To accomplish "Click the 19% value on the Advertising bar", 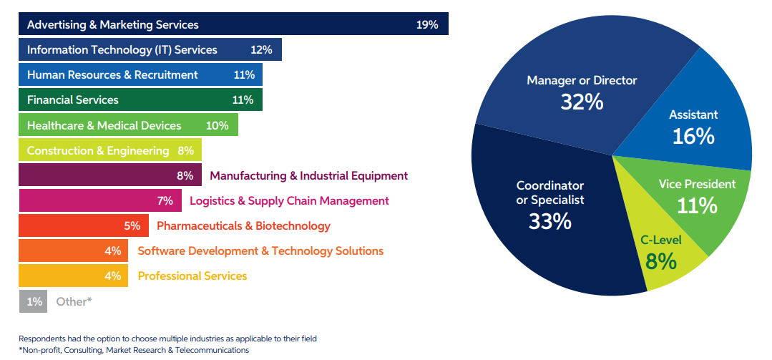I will click(x=426, y=24).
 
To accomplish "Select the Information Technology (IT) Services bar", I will click(x=150, y=49).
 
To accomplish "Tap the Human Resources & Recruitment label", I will click(x=112, y=74).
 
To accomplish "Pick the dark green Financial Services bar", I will click(x=140, y=99).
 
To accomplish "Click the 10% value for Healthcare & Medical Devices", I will click(x=217, y=125).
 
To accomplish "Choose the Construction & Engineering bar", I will click(x=110, y=150).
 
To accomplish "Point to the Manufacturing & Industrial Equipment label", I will click(x=308, y=175).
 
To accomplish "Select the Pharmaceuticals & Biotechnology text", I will click(x=243, y=225).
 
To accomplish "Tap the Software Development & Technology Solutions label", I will click(x=260, y=250).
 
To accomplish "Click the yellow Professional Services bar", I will click(x=73, y=276).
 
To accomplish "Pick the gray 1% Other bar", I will click(x=34, y=301).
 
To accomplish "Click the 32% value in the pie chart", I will click(x=582, y=102).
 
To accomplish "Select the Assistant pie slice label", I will click(x=693, y=115).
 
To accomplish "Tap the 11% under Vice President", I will click(x=697, y=206).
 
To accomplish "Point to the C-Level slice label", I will click(x=660, y=240).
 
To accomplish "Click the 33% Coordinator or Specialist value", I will click(x=549, y=221).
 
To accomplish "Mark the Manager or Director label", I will click(x=582, y=80).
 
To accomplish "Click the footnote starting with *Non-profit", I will click(x=134, y=350).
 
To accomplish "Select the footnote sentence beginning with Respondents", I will click(x=167, y=339).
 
